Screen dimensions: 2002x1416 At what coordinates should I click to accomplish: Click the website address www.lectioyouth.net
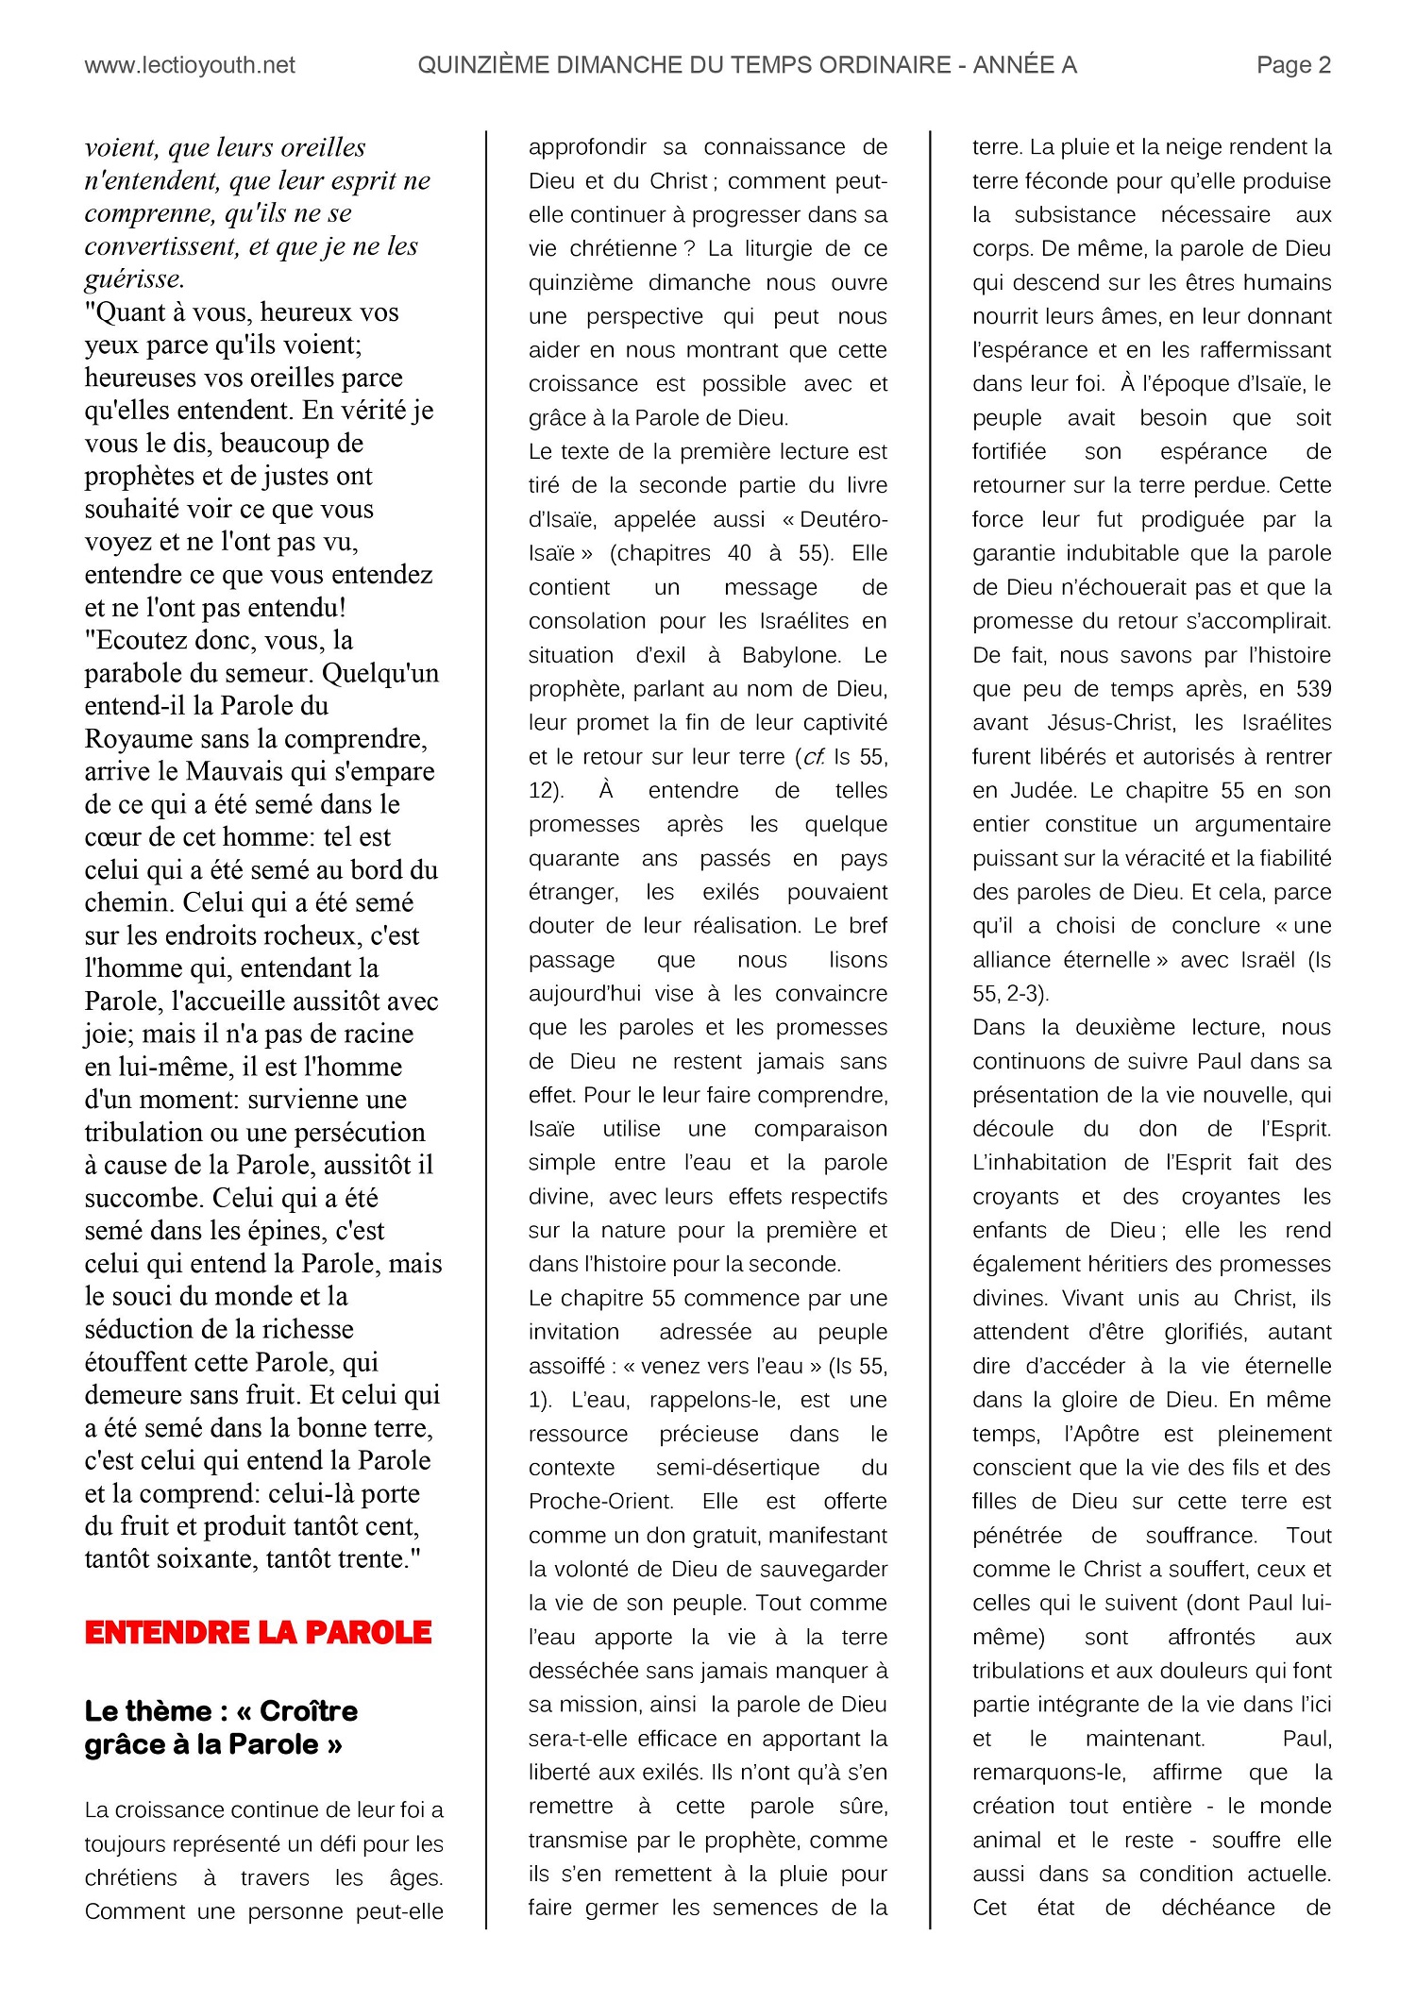point(190,65)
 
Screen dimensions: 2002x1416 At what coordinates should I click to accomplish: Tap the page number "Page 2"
point(1293,65)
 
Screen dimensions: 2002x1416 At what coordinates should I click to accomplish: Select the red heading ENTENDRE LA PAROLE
point(258,1634)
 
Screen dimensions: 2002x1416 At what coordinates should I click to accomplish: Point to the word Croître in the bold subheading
point(309,1711)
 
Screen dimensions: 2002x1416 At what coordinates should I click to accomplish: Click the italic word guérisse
point(134,279)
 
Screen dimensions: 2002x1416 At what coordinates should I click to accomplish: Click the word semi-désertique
point(737,1468)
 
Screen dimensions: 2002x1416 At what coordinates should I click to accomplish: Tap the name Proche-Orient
point(600,1502)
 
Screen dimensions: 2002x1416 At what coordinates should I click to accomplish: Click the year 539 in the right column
point(1312,689)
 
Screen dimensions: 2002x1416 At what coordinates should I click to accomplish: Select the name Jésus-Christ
point(1108,723)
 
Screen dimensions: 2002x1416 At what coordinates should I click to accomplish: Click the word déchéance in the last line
point(1218,1908)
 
